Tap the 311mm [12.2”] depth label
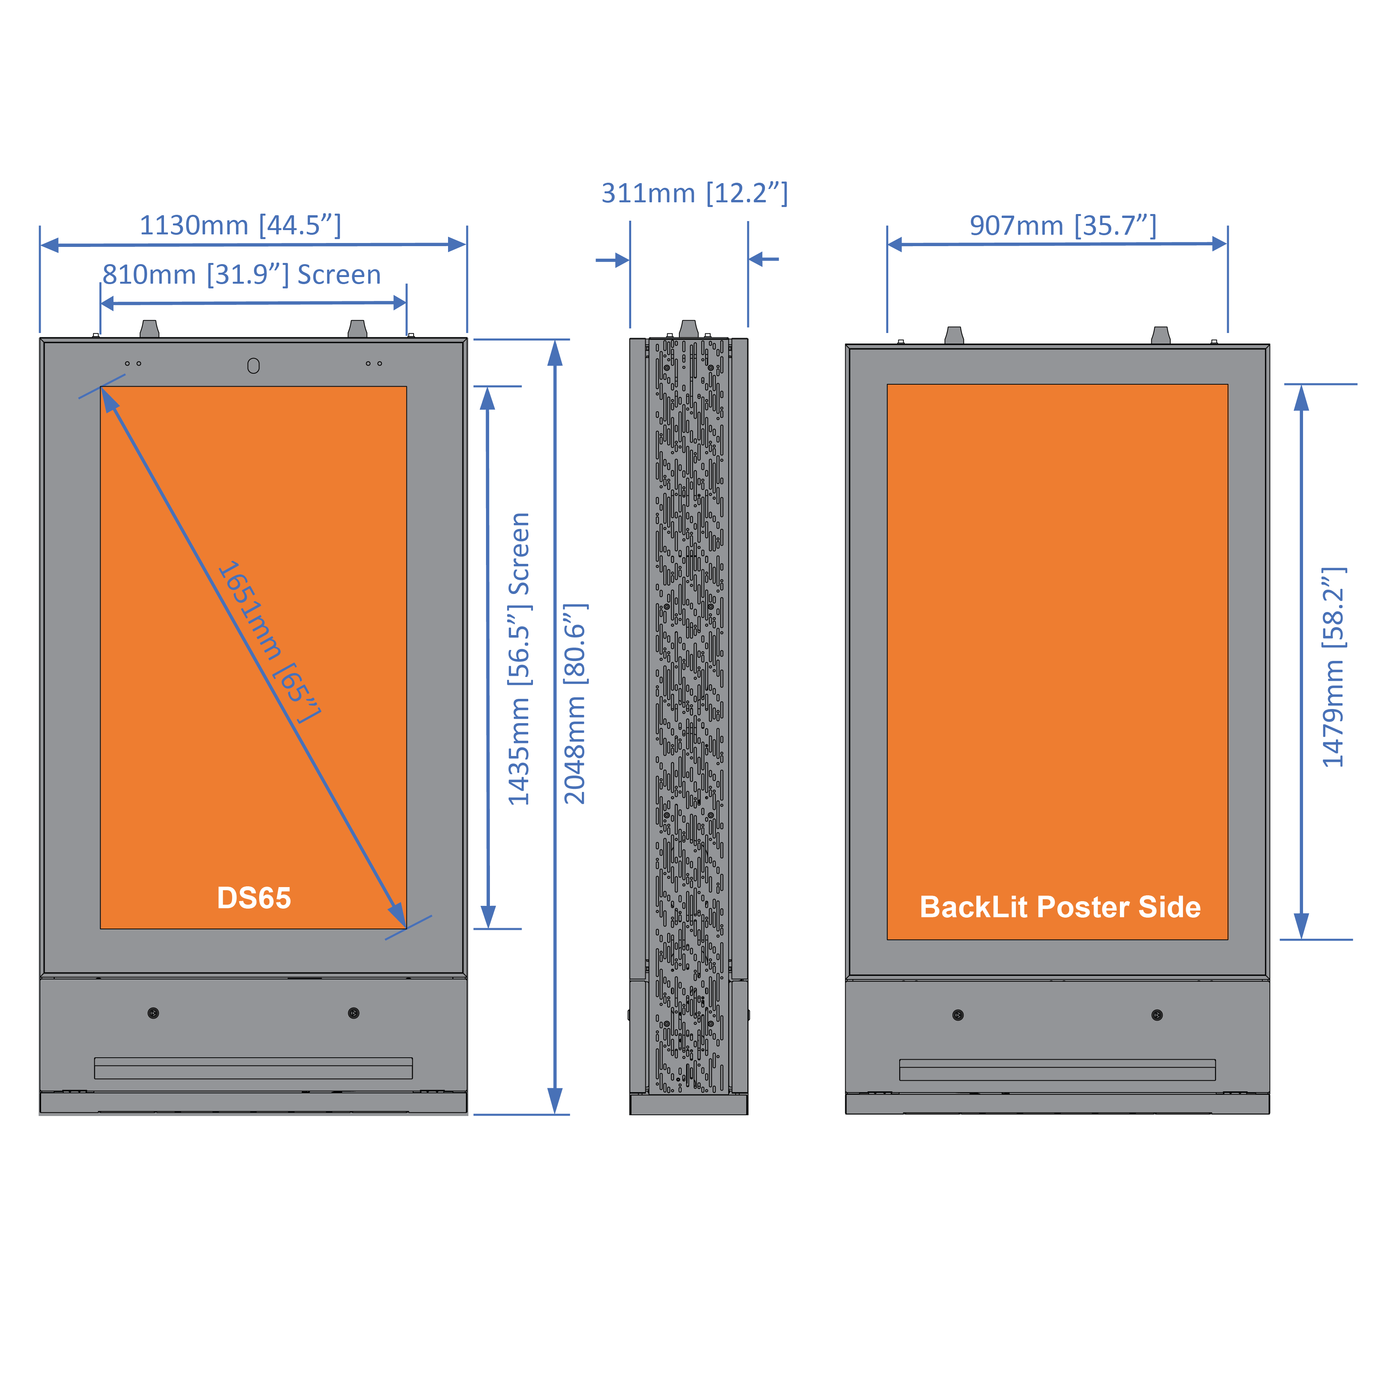point(694,193)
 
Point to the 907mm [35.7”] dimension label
point(1062,225)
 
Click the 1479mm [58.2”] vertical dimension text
point(1333,667)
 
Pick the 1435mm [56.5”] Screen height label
point(519,659)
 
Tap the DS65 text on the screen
point(254,898)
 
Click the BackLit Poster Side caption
point(1060,907)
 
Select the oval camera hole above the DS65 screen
point(253,366)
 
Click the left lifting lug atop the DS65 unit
point(149,329)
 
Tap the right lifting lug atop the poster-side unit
point(1160,335)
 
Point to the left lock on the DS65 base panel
point(153,1013)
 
